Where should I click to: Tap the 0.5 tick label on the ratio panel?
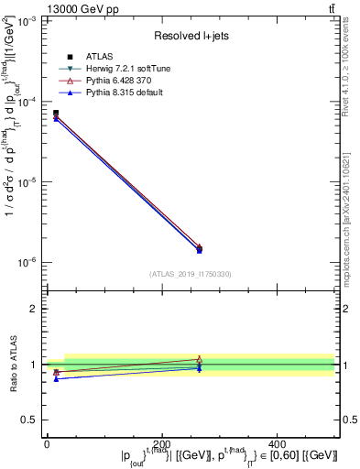[30, 420]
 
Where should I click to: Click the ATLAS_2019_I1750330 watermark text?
[191, 273]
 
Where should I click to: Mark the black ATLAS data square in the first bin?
[56, 113]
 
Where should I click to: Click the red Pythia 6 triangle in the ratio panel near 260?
[200, 359]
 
